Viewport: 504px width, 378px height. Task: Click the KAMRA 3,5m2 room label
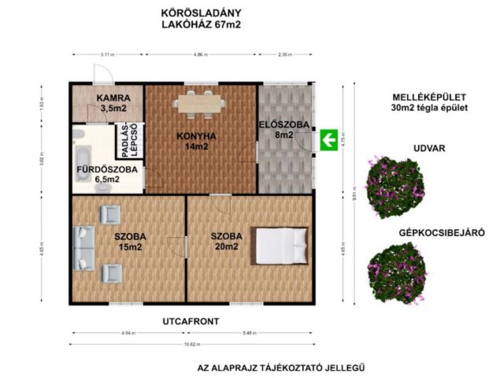coord(107,104)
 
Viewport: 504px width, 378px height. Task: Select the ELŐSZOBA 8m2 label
coord(276,129)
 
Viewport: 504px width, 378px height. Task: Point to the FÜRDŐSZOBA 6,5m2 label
coord(107,174)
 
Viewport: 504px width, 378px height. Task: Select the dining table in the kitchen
coord(199,102)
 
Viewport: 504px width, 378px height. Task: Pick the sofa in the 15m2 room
coord(83,247)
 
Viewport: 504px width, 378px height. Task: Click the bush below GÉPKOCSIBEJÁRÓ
coord(397,272)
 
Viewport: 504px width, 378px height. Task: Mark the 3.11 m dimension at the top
coord(107,54)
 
